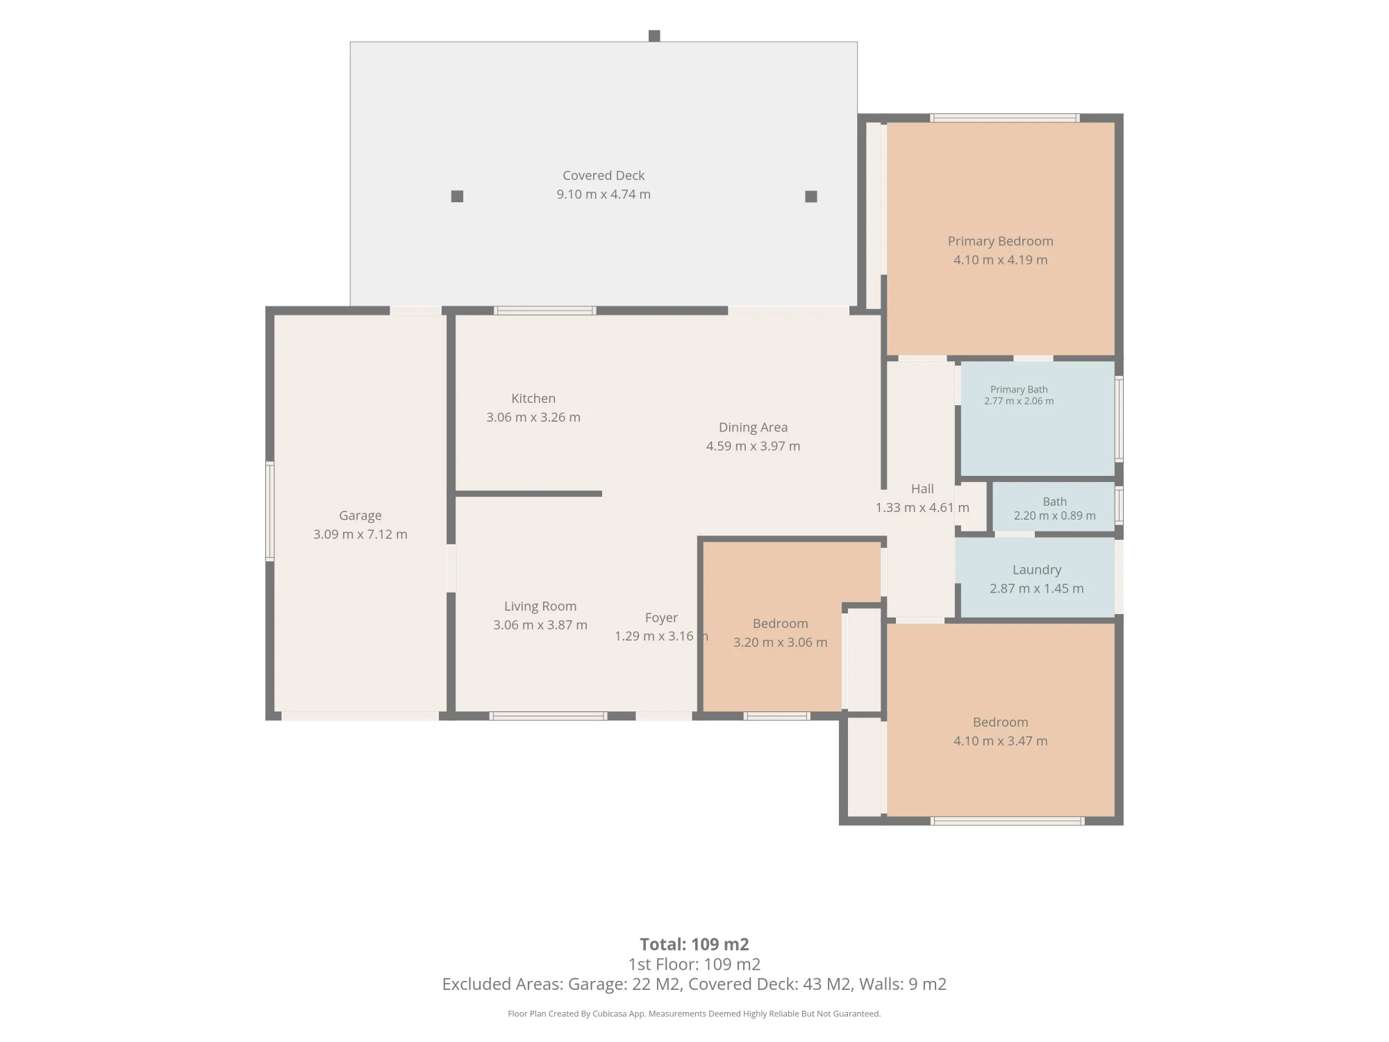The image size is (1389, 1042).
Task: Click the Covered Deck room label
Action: (604, 176)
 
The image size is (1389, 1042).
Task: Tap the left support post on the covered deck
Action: (457, 197)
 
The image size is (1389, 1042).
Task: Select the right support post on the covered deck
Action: (810, 197)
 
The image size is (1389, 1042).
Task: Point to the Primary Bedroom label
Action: (1000, 241)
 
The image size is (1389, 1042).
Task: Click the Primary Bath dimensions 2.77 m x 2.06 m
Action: (1019, 401)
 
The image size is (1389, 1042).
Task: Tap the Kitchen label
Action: (533, 399)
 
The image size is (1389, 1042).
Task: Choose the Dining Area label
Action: (753, 427)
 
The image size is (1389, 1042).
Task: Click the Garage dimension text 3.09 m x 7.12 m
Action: (360, 534)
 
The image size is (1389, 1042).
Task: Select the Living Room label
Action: (540, 606)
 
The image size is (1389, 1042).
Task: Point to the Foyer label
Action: (661, 618)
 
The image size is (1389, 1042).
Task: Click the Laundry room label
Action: (1037, 570)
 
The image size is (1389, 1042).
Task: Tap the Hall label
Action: (922, 489)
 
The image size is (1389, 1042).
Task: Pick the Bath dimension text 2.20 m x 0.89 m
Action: (1054, 515)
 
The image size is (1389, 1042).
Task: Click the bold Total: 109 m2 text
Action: (694, 944)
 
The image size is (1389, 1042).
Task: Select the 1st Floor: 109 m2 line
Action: (694, 964)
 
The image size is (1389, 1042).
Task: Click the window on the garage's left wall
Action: (270, 511)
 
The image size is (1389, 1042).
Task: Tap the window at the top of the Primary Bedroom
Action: (1005, 118)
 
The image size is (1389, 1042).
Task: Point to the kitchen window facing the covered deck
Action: (545, 311)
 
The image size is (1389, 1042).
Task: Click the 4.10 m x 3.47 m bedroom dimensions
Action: (1000, 741)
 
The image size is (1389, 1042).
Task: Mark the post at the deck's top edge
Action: (654, 36)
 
